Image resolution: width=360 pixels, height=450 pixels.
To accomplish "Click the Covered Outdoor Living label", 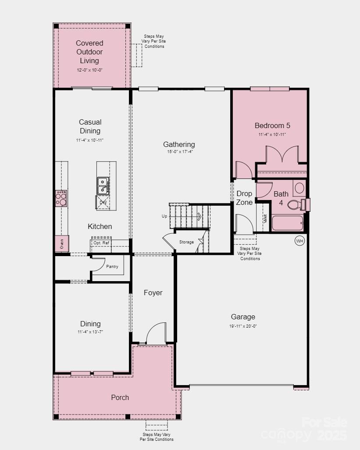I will pos(89,52).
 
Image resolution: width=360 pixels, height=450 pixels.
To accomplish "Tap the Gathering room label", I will pos(179,144).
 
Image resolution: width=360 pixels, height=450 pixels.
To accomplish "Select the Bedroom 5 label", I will pos(272,125).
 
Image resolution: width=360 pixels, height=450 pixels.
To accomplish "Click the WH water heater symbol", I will pos(299,241).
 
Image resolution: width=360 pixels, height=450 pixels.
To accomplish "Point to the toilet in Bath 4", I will pos(295,204).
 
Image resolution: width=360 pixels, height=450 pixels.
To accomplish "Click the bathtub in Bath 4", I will pos(287,223).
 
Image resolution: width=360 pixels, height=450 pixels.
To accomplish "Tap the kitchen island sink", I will pos(103,186).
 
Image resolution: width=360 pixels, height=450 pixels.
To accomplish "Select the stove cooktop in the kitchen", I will pos(61,198).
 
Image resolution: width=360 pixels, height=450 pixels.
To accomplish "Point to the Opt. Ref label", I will pos(101,243).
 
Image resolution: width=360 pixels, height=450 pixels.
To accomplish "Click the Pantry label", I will pos(112,267).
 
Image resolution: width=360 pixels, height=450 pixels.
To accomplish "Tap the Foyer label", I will pos(153,293).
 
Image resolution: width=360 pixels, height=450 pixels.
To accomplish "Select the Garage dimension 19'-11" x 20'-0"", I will pos(243,326).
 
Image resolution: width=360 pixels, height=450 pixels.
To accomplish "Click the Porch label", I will pos(120,397).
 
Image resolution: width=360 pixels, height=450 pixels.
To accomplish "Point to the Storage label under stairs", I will pos(186,242).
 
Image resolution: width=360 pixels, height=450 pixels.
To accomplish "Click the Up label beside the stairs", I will pos(164,216).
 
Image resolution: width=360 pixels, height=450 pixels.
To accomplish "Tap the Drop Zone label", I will pos(244,198).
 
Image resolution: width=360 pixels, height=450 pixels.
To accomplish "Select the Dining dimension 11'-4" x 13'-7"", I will pos(90,332).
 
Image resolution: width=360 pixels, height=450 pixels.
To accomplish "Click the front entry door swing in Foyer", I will pos(156,333).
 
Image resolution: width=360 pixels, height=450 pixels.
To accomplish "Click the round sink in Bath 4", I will pos(299,188).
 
